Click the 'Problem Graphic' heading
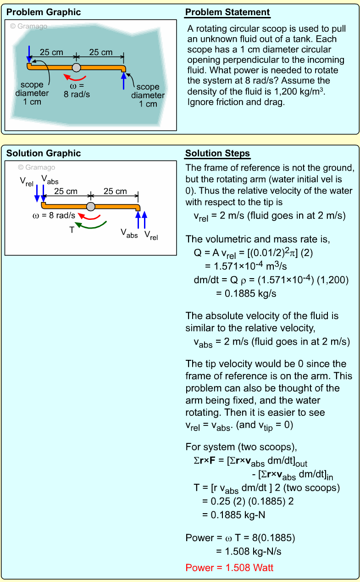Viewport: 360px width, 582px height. (43, 12)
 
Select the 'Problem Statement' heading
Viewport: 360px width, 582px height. (227, 12)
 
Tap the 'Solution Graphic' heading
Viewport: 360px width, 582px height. (43, 153)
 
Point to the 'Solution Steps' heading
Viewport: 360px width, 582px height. (218, 153)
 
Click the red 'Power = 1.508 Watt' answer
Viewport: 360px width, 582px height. (229, 568)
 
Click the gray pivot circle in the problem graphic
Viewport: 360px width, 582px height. (77, 67)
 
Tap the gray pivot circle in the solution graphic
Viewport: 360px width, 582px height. (91, 206)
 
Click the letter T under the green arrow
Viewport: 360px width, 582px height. (72, 229)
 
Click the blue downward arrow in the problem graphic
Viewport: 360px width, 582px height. (29, 54)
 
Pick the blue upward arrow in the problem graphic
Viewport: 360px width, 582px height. (123, 81)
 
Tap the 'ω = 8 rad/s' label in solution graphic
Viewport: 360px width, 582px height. (54, 215)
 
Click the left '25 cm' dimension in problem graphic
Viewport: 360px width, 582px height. (51, 52)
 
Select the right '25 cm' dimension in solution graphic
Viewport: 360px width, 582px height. (115, 191)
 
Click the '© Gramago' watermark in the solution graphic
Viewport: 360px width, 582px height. (36, 168)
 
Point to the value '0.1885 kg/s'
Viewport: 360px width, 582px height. (246, 294)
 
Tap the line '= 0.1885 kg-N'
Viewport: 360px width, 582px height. (233, 515)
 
